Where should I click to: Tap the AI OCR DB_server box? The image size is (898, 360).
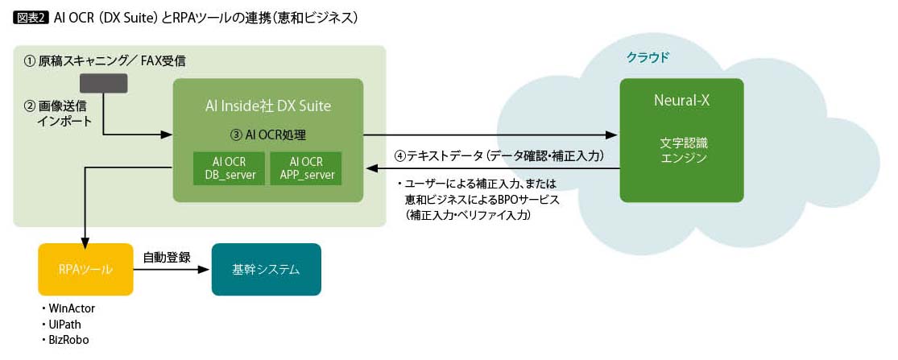click(x=229, y=168)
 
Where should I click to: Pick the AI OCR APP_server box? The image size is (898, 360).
click(x=305, y=168)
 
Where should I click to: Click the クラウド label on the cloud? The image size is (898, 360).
click(x=648, y=58)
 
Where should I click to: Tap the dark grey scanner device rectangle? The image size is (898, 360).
click(x=104, y=83)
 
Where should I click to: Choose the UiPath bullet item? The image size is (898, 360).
click(x=68, y=324)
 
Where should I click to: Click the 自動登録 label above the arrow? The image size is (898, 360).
click(x=166, y=258)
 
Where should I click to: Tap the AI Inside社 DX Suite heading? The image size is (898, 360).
click(x=267, y=106)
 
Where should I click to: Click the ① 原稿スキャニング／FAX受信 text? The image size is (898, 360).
click(x=110, y=61)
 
